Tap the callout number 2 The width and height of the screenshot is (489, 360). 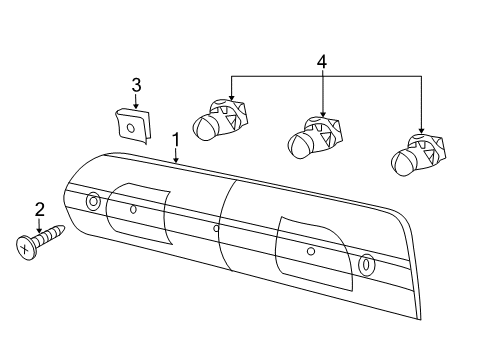coord(40,209)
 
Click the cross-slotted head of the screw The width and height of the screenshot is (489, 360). coord(25,246)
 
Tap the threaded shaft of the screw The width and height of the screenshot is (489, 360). coord(50,235)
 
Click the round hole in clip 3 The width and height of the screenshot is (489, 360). coord(130,127)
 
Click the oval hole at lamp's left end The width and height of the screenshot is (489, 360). coord(93,201)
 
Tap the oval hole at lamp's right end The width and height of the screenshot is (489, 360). coord(365,265)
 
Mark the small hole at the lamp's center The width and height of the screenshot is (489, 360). coord(217,228)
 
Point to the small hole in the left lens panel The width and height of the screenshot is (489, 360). coord(133,208)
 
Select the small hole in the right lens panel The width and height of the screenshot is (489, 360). coord(311,250)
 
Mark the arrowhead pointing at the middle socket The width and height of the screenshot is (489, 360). coord(322,113)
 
